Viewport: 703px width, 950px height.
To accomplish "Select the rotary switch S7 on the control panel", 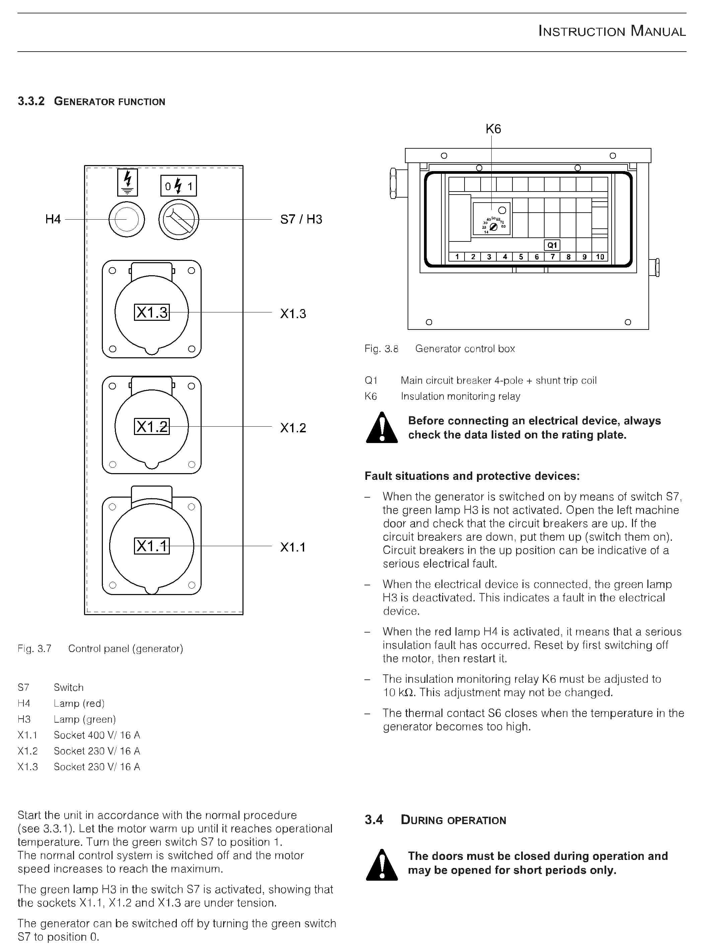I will [x=179, y=220].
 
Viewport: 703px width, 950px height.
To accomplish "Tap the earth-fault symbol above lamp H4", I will [x=127, y=182].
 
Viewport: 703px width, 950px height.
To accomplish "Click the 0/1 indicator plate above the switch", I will [x=179, y=186].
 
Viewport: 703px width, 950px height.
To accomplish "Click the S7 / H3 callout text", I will [x=301, y=220].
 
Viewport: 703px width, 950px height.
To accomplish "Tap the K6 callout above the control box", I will [x=493, y=129].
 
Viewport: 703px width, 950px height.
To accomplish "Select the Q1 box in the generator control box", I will [x=552, y=245].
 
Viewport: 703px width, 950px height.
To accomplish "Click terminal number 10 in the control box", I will [x=600, y=257].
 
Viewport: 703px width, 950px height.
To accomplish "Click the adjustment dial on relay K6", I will [x=494, y=226].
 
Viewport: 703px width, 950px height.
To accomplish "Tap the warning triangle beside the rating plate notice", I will [x=382, y=428].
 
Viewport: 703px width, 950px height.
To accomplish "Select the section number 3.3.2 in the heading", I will [x=31, y=101].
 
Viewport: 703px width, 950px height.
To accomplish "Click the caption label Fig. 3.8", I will [x=381, y=349].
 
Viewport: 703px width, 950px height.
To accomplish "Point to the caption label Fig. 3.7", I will [x=34, y=649].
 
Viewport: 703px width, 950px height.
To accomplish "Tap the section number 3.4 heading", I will [x=374, y=820].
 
